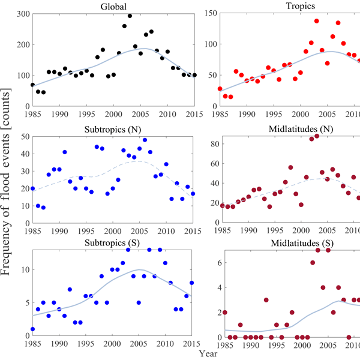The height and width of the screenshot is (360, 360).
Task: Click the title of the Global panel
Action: (x=113, y=7)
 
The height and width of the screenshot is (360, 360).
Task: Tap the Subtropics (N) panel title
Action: (x=113, y=131)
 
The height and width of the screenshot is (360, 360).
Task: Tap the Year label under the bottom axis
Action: (x=180, y=355)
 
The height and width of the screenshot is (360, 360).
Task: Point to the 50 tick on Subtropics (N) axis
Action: (x=24, y=138)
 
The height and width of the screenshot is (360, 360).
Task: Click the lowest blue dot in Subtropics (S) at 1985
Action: (x=33, y=329)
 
